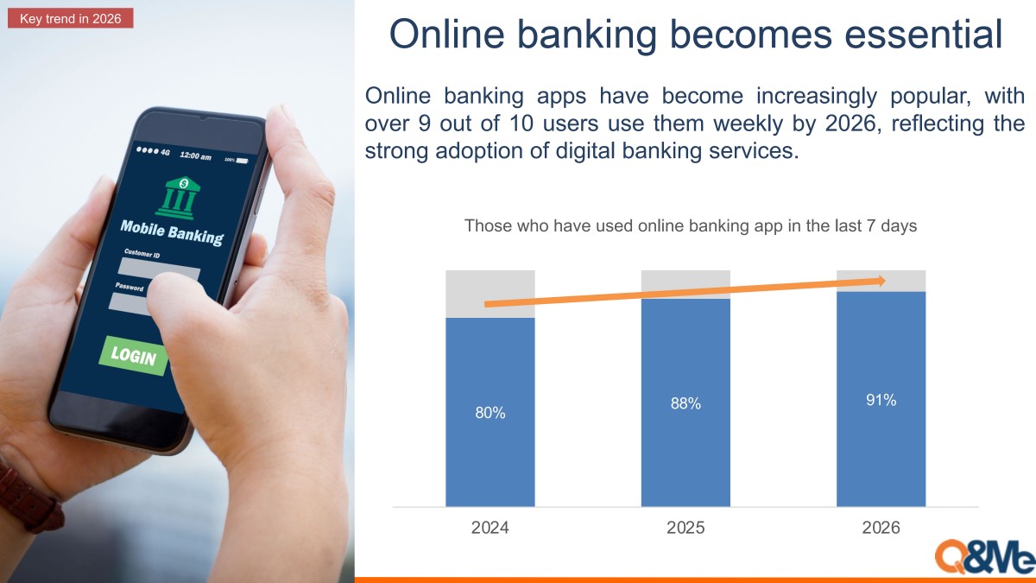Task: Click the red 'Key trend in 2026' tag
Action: (70, 18)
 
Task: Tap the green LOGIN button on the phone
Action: (133, 355)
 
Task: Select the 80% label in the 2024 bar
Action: (490, 413)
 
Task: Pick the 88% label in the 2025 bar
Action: (685, 403)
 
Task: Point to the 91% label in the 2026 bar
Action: (881, 400)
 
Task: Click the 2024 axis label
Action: (490, 528)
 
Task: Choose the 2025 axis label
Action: (685, 528)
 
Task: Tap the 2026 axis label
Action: (881, 528)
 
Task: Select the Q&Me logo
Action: (985, 557)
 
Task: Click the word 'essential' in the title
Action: (924, 35)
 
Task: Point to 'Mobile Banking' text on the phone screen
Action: (172, 232)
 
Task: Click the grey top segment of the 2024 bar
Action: (490, 294)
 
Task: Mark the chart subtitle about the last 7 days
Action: (691, 225)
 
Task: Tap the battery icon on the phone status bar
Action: (243, 161)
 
